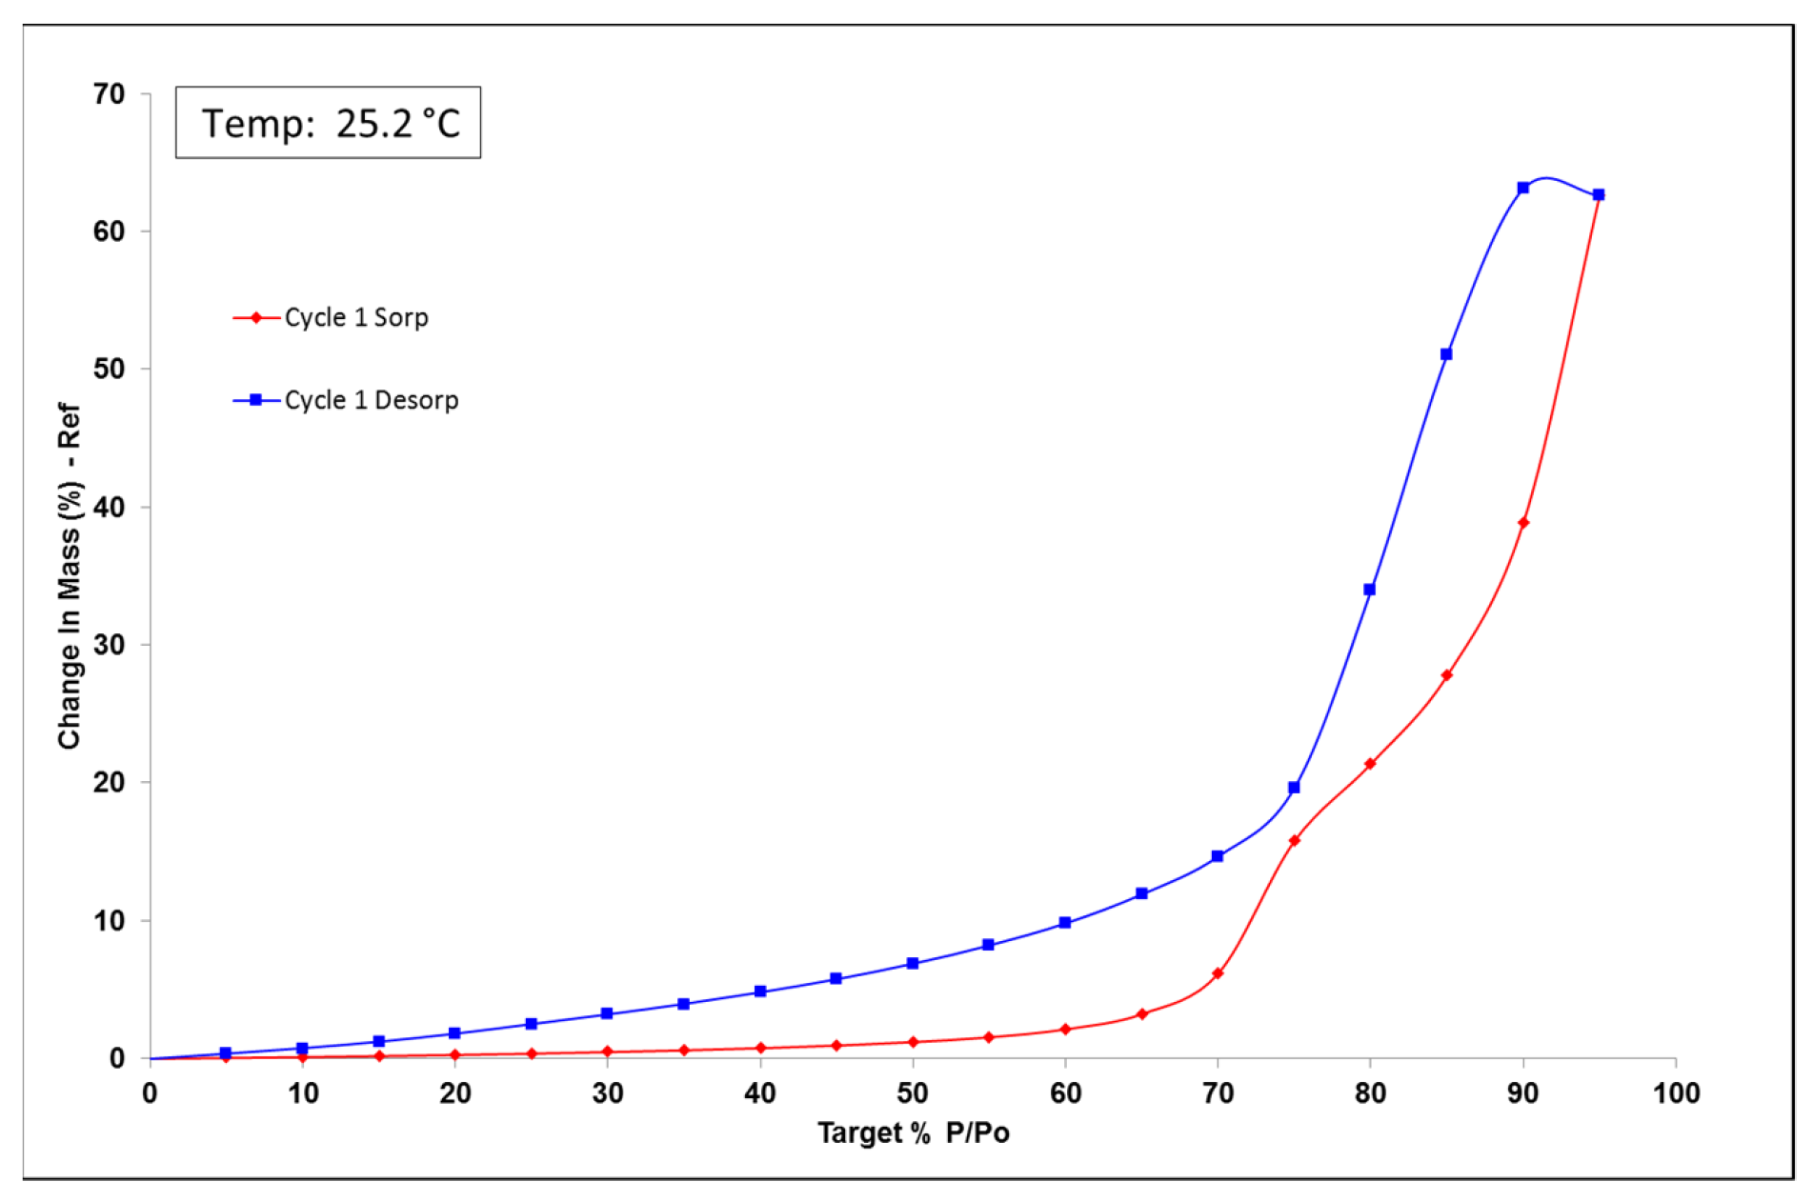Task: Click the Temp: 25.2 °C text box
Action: (x=329, y=123)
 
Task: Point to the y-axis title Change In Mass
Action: (x=70, y=575)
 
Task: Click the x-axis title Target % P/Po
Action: (x=913, y=1132)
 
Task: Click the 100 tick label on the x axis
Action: (x=1676, y=1092)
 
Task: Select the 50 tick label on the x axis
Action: (x=913, y=1092)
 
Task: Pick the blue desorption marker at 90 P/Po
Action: (x=1523, y=188)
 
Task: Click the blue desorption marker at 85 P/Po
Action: (x=1446, y=354)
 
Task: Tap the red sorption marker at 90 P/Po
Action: (x=1523, y=523)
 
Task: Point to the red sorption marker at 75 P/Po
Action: (x=1294, y=840)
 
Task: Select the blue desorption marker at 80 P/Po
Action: (x=1370, y=590)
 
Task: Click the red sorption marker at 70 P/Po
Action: (x=1218, y=973)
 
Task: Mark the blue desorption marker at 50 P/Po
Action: (x=913, y=963)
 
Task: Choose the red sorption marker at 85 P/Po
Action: (x=1446, y=675)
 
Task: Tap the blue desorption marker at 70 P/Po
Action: (x=1218, y=856)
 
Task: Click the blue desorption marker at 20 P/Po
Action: (x=454, y=1033)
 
